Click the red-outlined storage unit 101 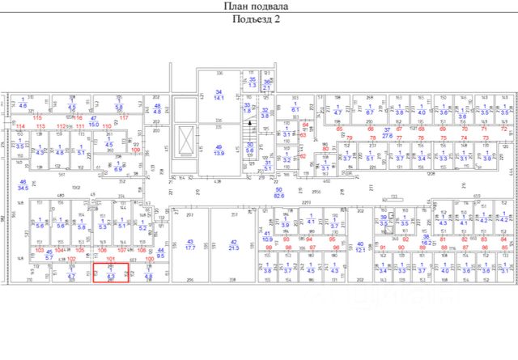(x=110, y=274)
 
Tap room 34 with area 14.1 (x=219, y=94)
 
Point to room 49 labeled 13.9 (x=219, y=150)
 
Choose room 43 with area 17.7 (x=191, y=244)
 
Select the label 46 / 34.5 (x=23, y=185)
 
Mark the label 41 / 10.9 (x=268, y=235)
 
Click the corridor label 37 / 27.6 (x=387, y=133)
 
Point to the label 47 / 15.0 (x=93, y=122)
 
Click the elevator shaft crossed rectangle (x=185, y=141)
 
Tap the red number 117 (x=124, y=118)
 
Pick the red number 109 (x=135, y=150)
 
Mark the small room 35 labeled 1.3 (x=252, y=83)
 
